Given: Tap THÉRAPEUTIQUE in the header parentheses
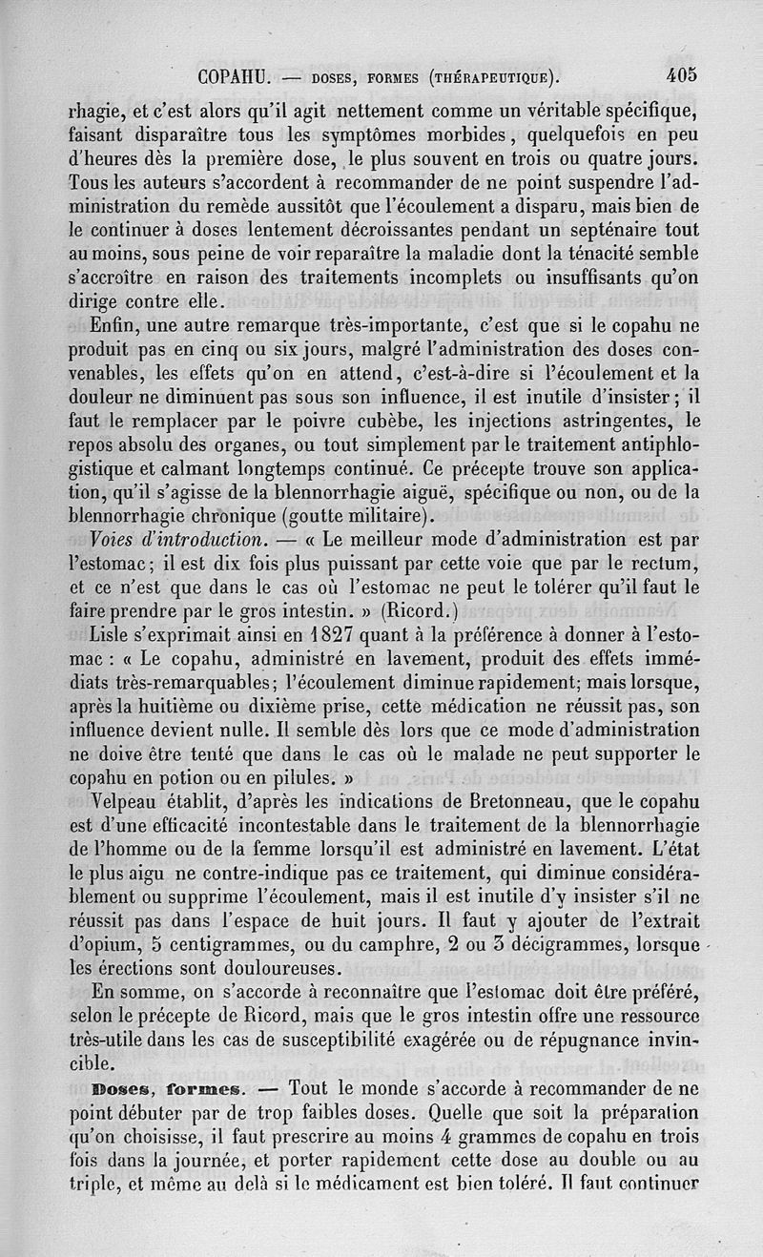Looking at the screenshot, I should click(x=492, y=77).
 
